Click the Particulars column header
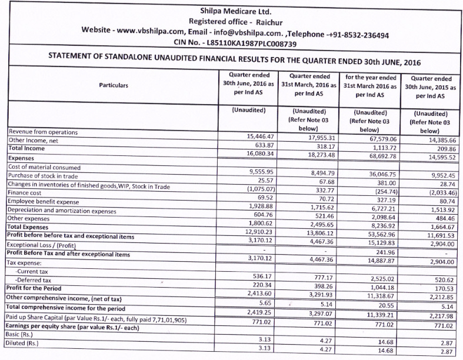(114, 85)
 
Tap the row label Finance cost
(26, 191)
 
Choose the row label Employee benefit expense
(44, 201)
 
